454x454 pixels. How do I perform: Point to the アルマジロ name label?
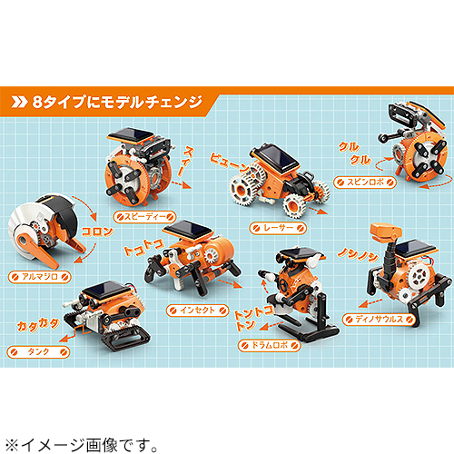pyautogui.click(x=35, y=274)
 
